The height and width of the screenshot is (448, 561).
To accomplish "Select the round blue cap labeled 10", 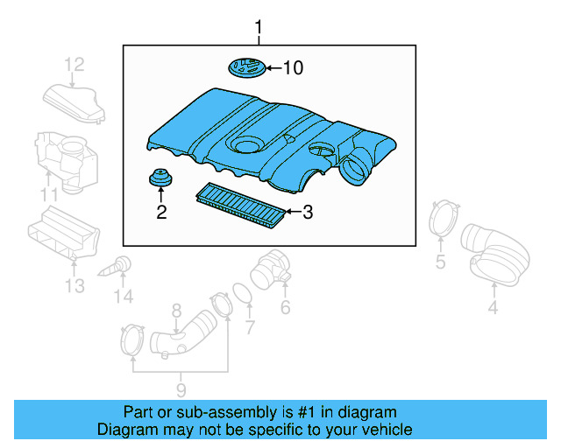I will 245,67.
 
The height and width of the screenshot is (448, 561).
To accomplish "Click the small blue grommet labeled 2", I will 160,179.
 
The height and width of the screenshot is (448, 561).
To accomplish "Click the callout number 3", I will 307,211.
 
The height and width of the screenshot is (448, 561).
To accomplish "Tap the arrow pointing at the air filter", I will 291,211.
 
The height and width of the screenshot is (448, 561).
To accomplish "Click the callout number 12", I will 74,64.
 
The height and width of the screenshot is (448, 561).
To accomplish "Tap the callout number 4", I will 493,306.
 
